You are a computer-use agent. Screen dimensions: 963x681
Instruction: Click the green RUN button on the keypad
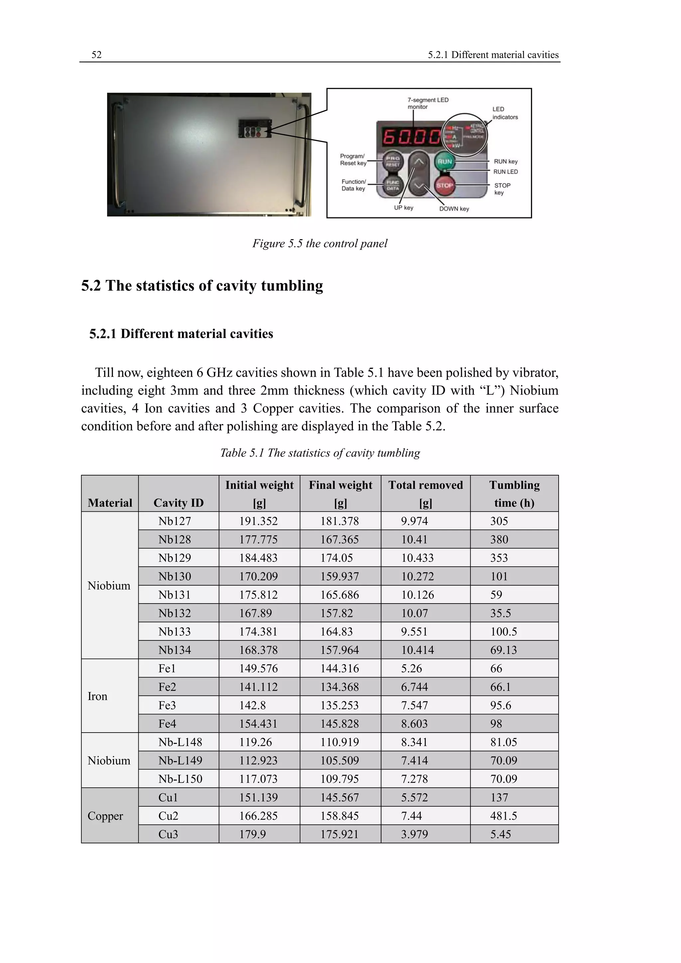point(445,162)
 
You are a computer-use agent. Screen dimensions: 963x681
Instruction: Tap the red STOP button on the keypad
point(445,185)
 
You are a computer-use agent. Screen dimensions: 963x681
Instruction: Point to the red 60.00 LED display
point(411,137)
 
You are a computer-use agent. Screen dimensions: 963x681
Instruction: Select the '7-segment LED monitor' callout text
point(428,103)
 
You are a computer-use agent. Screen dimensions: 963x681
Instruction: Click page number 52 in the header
point(96,55)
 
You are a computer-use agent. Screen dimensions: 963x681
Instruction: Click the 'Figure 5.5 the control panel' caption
point(320,243)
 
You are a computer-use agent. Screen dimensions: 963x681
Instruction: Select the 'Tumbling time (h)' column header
point(514,494)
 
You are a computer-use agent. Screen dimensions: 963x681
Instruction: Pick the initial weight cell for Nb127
point(258,521)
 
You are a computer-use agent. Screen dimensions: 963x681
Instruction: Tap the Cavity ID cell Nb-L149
point(180,760)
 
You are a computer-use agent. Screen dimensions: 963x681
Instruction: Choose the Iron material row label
point(97,696)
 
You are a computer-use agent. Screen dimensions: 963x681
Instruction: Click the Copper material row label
point(105,815)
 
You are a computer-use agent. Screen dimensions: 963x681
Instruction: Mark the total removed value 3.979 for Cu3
point(414,834)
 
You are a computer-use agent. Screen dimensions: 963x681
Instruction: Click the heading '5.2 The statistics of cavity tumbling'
point(202,286)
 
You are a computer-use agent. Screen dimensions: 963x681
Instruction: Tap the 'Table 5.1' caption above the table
point(320,453)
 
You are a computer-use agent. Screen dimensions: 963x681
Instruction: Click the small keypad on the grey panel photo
point(254,128)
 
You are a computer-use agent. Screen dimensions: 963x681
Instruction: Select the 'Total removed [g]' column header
point(425,494)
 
